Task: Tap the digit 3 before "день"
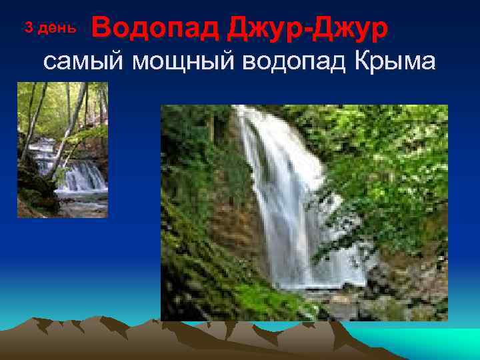(x=28, y=27)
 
